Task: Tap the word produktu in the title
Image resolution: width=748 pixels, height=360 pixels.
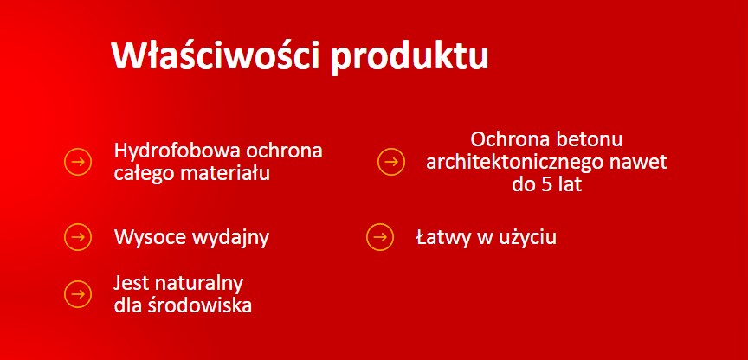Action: pos(409,58)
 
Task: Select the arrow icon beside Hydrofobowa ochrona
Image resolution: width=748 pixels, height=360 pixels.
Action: pos(78,162)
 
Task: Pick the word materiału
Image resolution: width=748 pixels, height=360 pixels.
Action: pos(225,172)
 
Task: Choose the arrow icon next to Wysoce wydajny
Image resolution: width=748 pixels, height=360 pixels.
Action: pos(78,237)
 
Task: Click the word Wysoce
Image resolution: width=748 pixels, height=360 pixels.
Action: pos(150,237)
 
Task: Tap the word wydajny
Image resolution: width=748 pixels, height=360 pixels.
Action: pos(231,239)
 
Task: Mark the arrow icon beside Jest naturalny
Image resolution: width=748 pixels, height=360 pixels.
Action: pos(78,293)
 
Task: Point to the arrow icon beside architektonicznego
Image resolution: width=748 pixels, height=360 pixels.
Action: pos(391,162)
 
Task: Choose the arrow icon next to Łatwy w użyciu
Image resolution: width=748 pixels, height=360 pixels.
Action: pos(380,237)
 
